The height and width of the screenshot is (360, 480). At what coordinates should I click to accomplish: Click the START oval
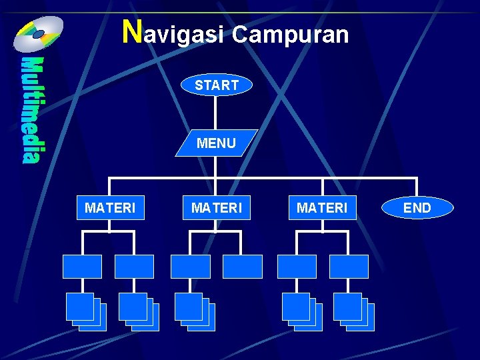(x=217, y=85)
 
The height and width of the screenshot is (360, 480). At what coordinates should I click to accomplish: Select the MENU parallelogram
(x=217, y=143)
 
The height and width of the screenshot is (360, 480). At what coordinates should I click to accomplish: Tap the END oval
(x=417, y=208)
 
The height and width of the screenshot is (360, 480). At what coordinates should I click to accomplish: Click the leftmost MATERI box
(x=110, y=208)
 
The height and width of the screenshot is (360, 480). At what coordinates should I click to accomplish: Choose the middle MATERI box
(x=217, y=208)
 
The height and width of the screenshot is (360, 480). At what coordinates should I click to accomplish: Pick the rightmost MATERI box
(x=322, y=208)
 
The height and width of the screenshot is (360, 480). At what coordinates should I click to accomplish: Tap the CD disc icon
(x=39, y=33)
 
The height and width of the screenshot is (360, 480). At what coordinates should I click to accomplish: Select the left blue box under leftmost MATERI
(x=82, y=266)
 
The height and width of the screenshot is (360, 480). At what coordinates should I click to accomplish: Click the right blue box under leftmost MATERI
(x=134, y=266)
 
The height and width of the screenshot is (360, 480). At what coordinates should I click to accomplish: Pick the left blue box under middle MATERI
(x=190, y=266)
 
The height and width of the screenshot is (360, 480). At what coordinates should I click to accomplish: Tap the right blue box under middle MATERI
(x=243, y=266)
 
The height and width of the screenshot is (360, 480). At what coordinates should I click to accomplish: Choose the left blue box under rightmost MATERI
(x=297, y=266)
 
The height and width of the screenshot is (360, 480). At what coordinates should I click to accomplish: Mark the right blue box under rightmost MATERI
(x=349, y=266)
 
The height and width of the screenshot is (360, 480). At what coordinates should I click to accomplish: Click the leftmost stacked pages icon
(x=86, y=311)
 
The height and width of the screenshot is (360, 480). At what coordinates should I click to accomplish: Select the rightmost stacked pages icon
(x=354, y=311)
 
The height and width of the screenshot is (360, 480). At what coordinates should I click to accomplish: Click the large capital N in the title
(x=133, y=31)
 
